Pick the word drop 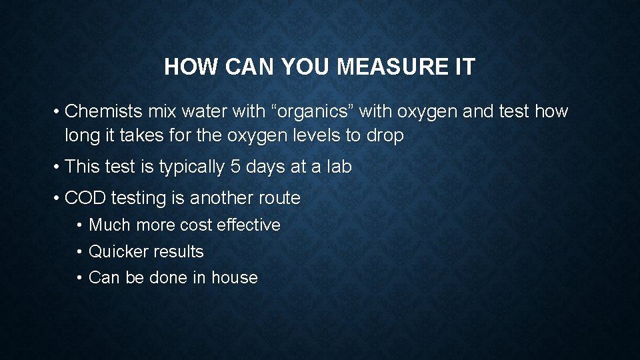pos(385,136)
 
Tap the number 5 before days pos(235,167)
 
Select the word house pos(235,278)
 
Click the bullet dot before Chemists pos(57,112)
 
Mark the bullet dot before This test pos(57,167)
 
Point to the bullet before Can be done pos(80,278)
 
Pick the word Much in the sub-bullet pos(110,225)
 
